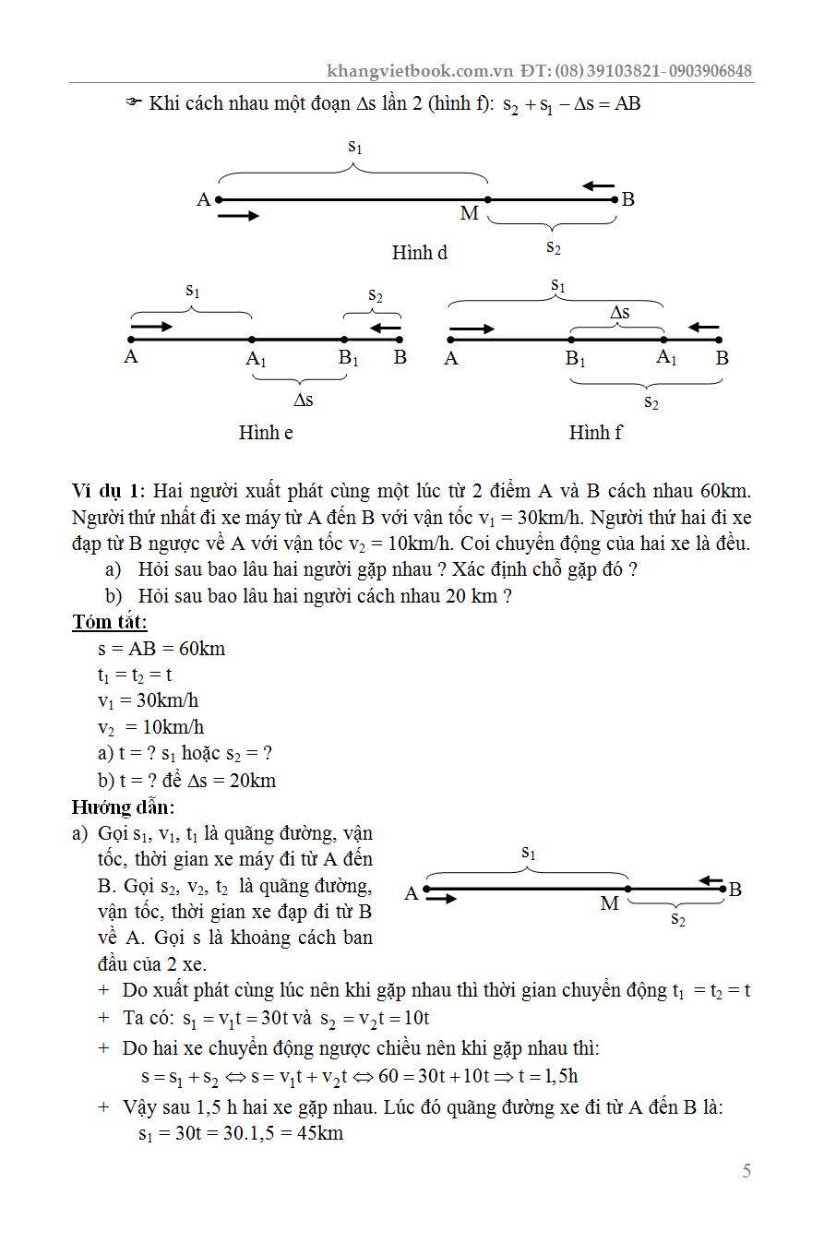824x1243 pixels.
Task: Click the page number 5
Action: click(x=746, y=1171)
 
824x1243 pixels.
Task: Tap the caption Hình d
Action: click(x=420, y=253)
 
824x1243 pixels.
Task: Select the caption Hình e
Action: click(x=266, y=432)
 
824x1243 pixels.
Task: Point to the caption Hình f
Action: click(x=595, y=432)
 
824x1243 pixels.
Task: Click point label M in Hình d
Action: click(x=470, y=214)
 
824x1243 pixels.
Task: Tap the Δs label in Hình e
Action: click(x=303, y=400)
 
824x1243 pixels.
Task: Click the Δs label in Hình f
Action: click(x=620, y=313)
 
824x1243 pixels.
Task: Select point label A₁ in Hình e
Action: click(x=256, y=359)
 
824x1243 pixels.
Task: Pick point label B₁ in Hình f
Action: click(x=576, y=359)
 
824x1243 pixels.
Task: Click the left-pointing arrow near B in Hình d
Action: click(x=599, y=186)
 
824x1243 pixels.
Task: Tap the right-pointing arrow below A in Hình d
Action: click(x=239, y=216)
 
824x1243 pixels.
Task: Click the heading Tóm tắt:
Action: click(x=110, y=622)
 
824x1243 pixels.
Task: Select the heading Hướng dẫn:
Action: click(x=123, y=807)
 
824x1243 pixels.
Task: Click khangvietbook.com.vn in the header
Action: click(x=419, y=71)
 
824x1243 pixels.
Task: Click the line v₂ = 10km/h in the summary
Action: click(x=151, y=727)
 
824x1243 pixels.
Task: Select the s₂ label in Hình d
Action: click(x=553, y=246)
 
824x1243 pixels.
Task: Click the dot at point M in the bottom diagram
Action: click(x=628, y=889)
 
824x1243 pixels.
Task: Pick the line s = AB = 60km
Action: click(x=161, y=649)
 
